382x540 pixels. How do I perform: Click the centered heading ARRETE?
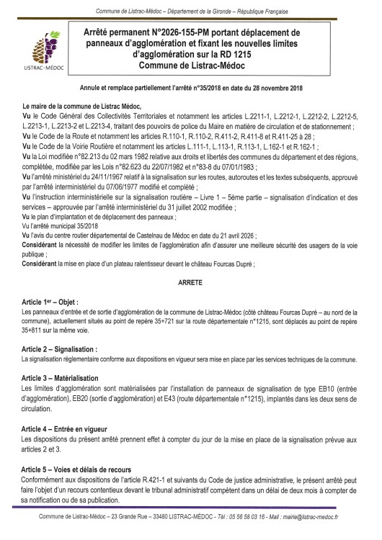(x=191, y=264)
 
